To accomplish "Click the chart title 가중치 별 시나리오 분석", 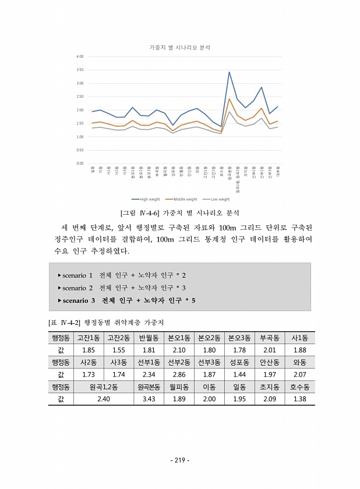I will pyautogui.click(x=179, y=47).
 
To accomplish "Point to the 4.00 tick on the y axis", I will pyautogui.click(x=80, y=56).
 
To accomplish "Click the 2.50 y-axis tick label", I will pyautogui.click(x=80, y=97).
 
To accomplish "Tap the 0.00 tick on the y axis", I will pyautogui.click(x=80, y=163).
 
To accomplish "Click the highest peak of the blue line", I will pyautogui.click(x=229, y=72).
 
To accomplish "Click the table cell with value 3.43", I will pyautogui.click(x=149, y=399).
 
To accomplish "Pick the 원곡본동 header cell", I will pyautogui.click(x=149, y=387).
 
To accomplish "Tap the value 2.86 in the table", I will pyautogui.click(x=179, y=374).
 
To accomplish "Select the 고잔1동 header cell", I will pyautogui.click(x=89, y=338).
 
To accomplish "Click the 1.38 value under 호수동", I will pyautogui.click(x=300, y=399).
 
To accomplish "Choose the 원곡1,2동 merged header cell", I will pyautogui.click(x=104, y=387).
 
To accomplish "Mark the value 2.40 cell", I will pyautogui.click(x=104, y=399).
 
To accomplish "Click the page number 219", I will pyautogui.click(x=179, y=460).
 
